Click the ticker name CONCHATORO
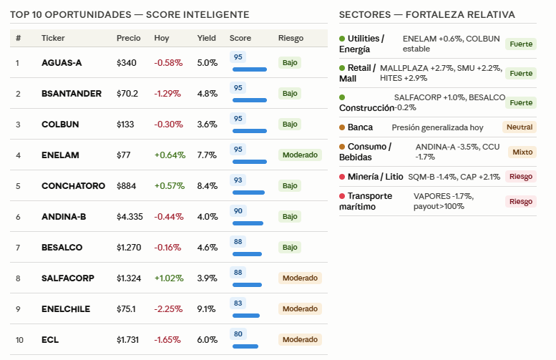point(73,186)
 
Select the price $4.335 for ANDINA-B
point(130,217)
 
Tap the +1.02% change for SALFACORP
point(169,278)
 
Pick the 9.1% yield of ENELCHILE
point(206,309)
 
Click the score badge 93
point(238,180)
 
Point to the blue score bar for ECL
point(245,346)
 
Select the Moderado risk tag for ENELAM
point(300,155)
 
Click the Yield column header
point(206,38)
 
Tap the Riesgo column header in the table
point(291,38)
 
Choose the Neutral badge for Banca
point(520,127)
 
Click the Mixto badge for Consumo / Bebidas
point(522,152)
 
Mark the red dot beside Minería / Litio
point(342,177)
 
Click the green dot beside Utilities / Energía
point(342,39)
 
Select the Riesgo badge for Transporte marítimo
point(521,201)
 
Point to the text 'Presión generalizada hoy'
point(437,127)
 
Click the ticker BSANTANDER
point(72,94)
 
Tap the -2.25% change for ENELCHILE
point(168,309)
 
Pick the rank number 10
point(19,340)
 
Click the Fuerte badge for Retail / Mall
point(521,74)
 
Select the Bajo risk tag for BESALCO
point(290,247)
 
